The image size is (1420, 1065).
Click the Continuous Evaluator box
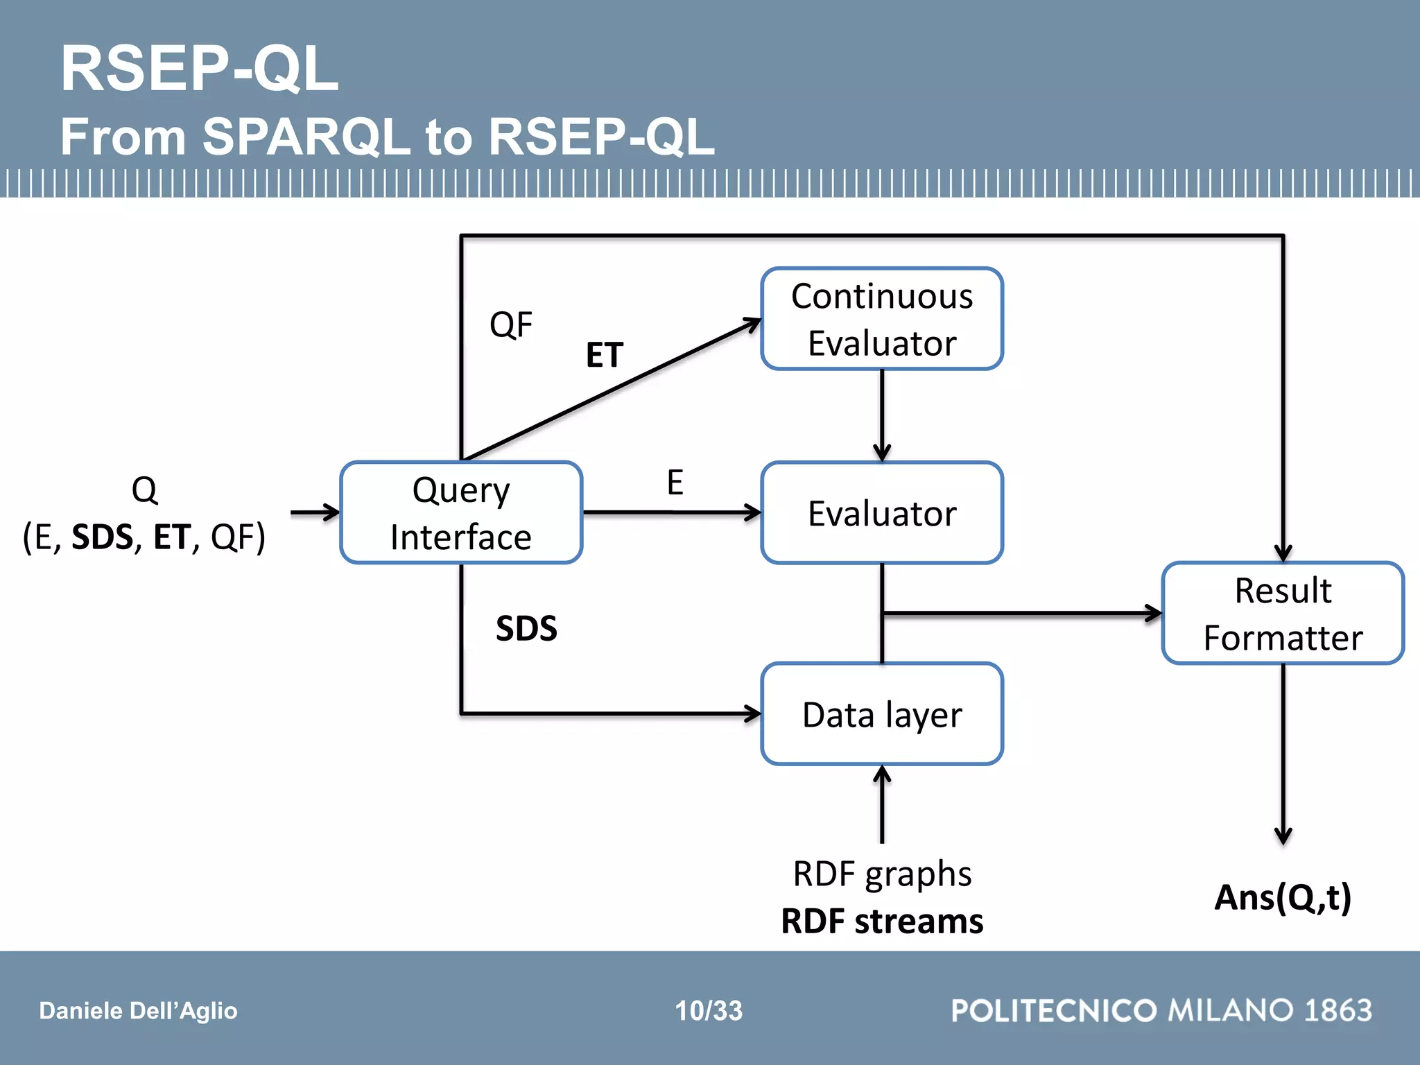[881, 319]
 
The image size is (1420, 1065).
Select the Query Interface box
[461, 513]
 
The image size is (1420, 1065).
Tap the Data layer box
[881, 714]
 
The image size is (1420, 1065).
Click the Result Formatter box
[1283, 614]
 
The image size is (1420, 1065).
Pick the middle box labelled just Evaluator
[881, 513]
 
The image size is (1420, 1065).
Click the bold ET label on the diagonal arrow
[605, 355]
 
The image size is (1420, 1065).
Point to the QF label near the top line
[511, 324]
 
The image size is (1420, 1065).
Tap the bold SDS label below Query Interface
[526, 629]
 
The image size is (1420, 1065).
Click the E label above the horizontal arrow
[675, 483]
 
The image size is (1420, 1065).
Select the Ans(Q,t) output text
[1283, 897]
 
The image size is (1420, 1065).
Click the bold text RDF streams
[881, 921]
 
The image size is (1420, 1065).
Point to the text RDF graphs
[881, 874]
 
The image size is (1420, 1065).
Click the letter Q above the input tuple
[144, 490]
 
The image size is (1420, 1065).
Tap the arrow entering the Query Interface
[315, 513]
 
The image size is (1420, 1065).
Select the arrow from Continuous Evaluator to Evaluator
[881, 416]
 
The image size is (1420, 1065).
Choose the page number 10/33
[709, 1011]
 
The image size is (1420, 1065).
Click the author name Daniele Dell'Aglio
[138, 1011]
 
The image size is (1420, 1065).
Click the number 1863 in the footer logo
[1337, 1010]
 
